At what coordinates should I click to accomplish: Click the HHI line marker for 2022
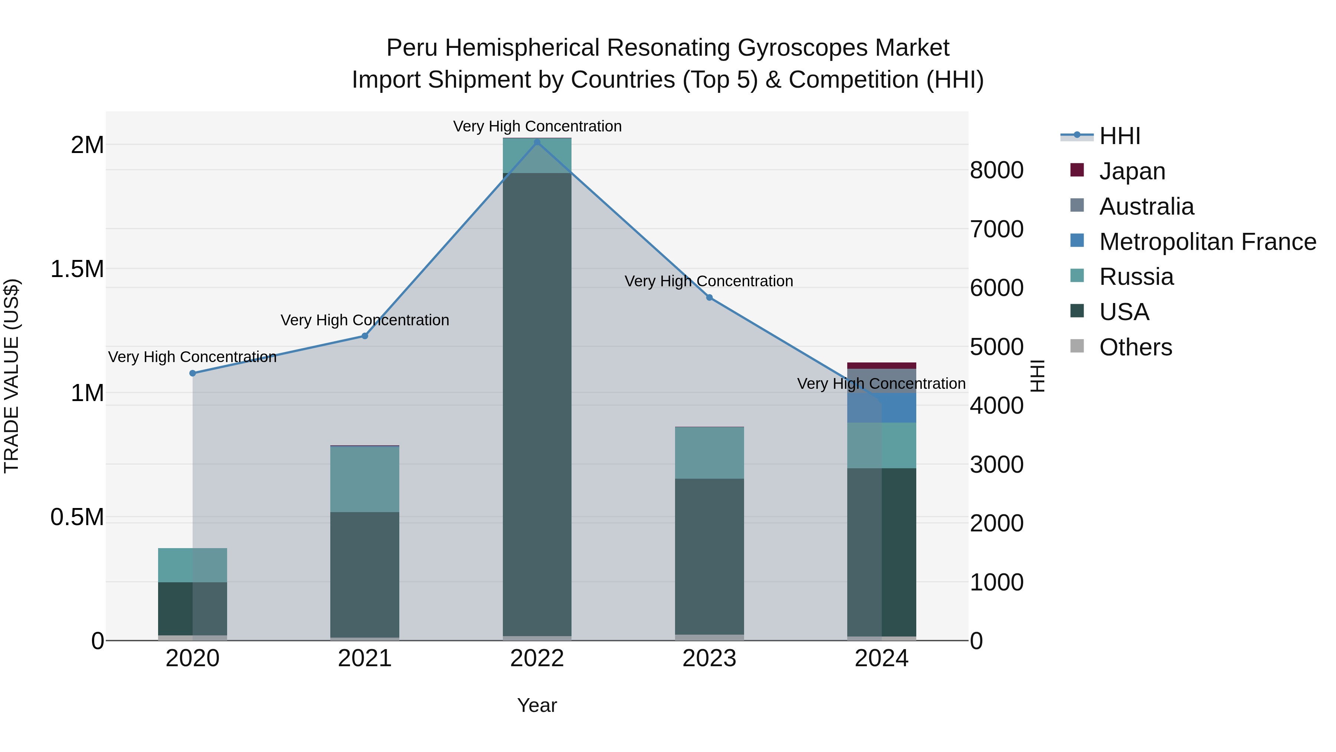[x=537, y=142]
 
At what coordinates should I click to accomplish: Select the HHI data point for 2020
[x=192, y=373]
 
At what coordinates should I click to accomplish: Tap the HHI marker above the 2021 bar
[x=364, y=336]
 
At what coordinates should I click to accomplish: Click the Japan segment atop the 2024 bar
[x=882, y=365]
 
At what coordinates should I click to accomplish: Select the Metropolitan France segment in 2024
[x=882, y=408]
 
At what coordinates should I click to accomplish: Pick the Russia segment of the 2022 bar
[x=537, y=156]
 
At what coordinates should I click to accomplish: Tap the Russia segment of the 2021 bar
[x=364, y=479]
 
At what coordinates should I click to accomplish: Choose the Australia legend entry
[x=1146, y=206]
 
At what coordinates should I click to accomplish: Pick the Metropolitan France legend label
[x=1207, y=242]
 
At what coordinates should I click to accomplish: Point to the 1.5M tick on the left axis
[x=77, y=269]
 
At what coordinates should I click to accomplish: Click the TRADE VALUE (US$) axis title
[x=12, y=376]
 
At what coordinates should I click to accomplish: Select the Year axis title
[x=537, y=705]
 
